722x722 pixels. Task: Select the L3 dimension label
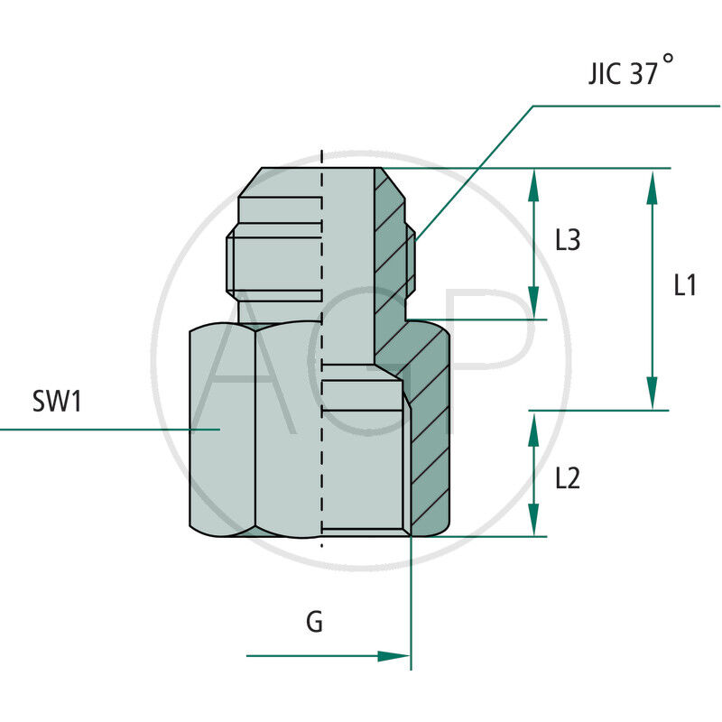(x=568, y=241)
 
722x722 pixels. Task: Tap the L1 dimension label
(x=685, y=286)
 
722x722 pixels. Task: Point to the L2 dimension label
(x=568, y=478)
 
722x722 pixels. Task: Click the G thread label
(x=314, y=622)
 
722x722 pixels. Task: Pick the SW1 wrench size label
(x=57, y=402)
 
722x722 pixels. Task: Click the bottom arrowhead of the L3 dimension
(x=533, y=304)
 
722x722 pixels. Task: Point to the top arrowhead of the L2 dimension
(x=533, y=427)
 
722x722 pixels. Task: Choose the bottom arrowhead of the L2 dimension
(x=533, y=521)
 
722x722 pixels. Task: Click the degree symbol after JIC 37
(x=667, y=59)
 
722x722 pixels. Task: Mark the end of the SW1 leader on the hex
(x=219, y=429)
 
